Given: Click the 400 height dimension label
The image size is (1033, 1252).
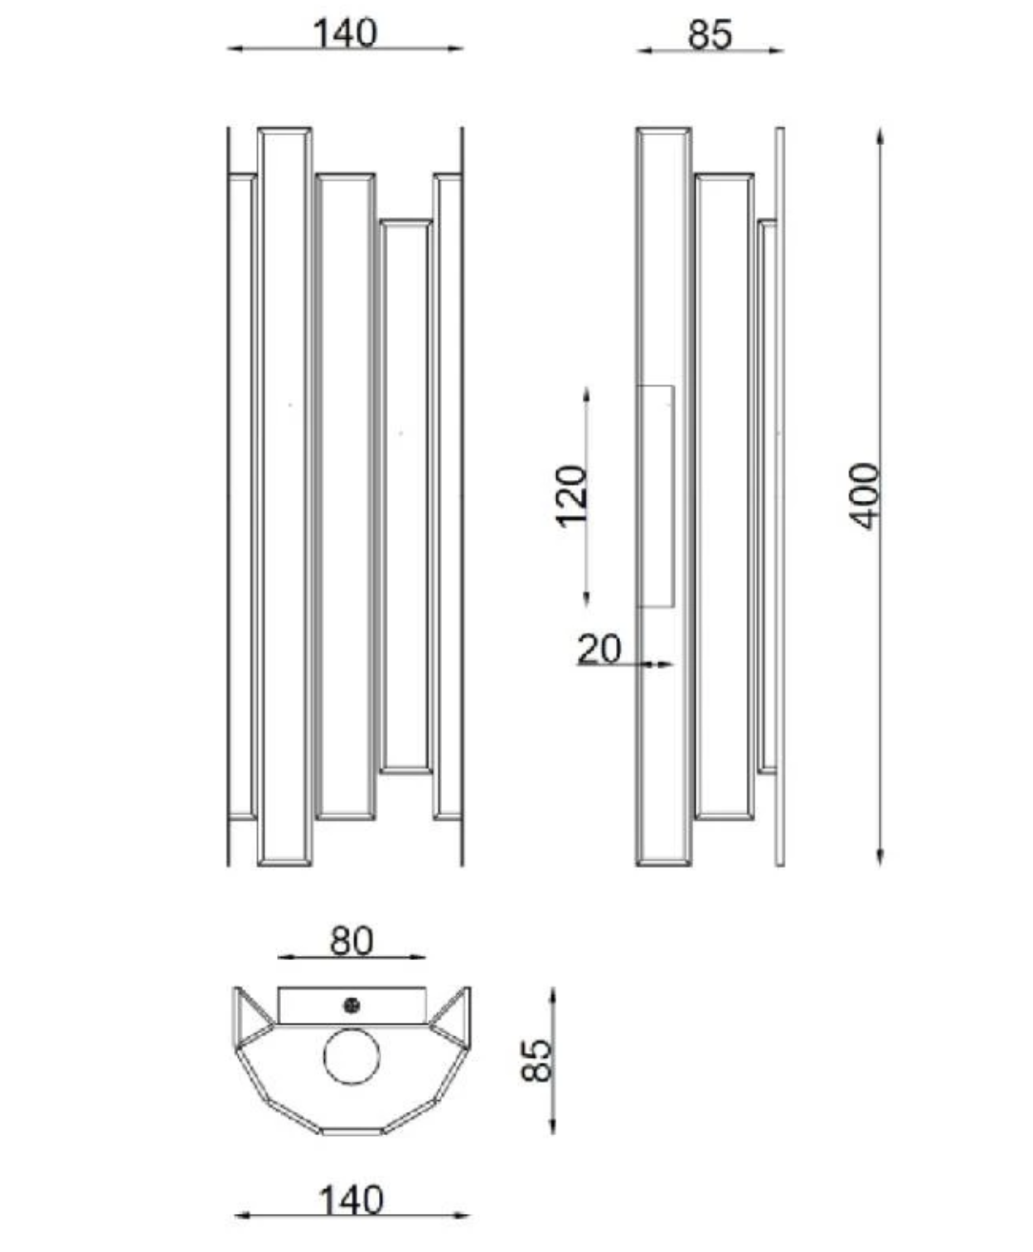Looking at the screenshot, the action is click(x=866, y=496).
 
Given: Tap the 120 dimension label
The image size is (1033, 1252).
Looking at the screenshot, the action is click(x=572, y=497).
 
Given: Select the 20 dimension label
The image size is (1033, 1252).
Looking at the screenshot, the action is click(x=599, y=648).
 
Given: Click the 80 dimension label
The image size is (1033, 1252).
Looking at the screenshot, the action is click(x=352, y=941).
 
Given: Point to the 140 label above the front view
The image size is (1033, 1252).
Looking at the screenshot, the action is click(x=346, y=33).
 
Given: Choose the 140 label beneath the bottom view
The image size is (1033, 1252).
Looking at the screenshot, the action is click(x=352, y=1201).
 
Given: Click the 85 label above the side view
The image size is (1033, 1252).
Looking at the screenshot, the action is click(x=710, y=35).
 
